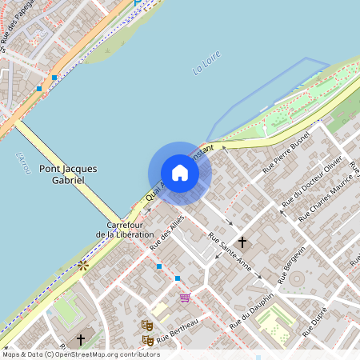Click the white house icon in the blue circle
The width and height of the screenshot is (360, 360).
(180, 173)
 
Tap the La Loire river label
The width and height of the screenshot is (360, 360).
(206, 64)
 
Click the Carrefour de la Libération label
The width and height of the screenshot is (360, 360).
(125, 230)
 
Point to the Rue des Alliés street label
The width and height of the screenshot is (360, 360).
(166, 232)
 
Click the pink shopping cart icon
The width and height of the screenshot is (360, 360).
(186, 298)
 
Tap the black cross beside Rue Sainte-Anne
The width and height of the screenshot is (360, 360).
(242, 241)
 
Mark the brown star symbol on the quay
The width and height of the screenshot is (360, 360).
(82, 264)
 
